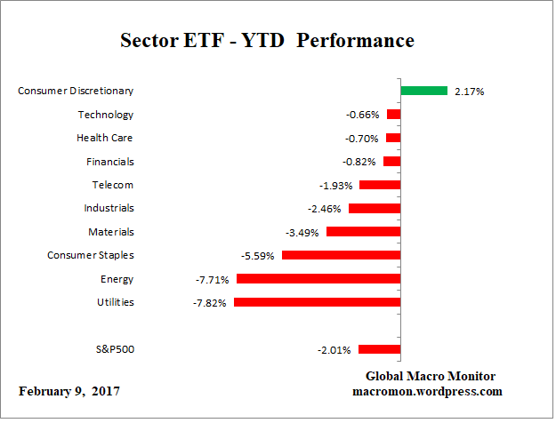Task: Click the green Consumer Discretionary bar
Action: tap(423, 90)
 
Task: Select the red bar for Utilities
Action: tap(317, 302)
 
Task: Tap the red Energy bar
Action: tap(318, 279)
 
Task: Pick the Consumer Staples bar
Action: tap(341, 255)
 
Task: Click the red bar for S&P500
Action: tap(379, 349)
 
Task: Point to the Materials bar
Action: tap(363, 232)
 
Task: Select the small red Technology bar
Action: tap(393, 115)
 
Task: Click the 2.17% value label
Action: tap(469, 91)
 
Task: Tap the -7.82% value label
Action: tap(211, 303)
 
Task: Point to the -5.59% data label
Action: tap(258, 256)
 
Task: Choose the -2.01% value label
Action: tap(335, 350)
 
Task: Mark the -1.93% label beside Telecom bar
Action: tap(337, 186)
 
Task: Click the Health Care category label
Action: tap(106, 138)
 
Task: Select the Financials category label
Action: tap(111, 161)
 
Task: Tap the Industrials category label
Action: tap(109, 208)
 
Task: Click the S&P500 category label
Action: tap(114, 349)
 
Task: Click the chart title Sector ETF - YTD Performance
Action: tap(267, 41)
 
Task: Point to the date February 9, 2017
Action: tap(68, 391)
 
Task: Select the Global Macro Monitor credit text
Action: tap(431, 376)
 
